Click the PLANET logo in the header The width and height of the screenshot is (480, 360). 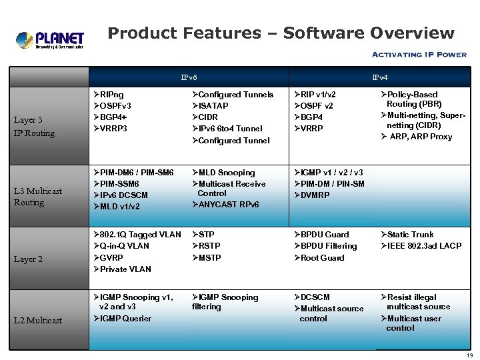click(50, 39)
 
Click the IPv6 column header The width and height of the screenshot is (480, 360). click(189, 78)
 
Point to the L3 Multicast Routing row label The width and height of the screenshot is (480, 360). click(38, 197)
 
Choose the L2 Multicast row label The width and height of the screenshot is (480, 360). click(38, 320)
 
